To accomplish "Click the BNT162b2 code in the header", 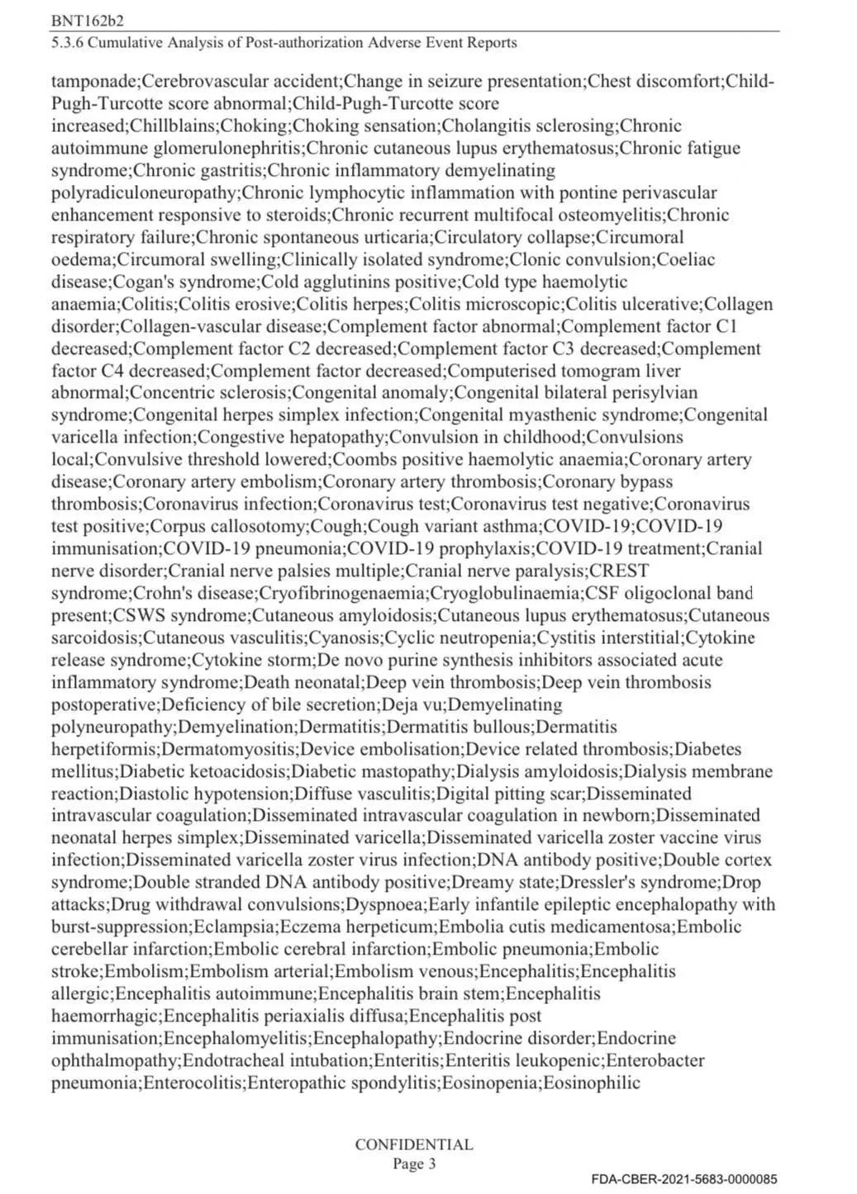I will (82, 20).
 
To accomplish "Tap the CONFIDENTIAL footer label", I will (414, 1144).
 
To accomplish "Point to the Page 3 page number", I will (414, 1164).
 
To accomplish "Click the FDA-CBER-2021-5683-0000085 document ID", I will (684, 1179).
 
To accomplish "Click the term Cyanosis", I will (345, 638).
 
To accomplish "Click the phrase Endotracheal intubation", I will (277, 1060).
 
